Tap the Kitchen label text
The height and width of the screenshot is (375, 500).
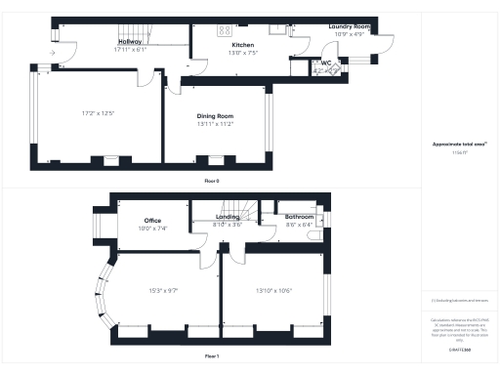(x=242, y=46)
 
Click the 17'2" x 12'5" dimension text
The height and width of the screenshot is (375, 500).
(x=100, y=113)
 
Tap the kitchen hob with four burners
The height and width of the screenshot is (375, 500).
(x=223, y=29)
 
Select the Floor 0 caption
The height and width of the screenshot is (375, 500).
(x=212, y=182)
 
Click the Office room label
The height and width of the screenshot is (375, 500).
(x=152, y=221)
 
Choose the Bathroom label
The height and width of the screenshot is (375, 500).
(x=299, y=217)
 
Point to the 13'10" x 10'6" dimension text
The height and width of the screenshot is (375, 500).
(x=273, y=290)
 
